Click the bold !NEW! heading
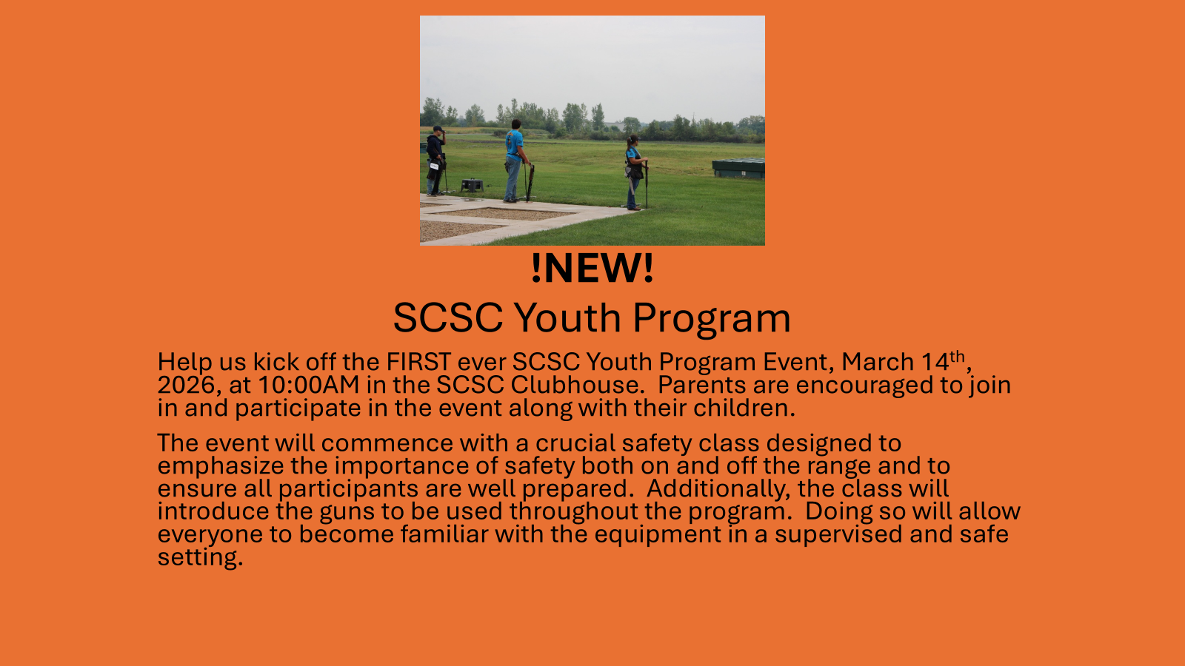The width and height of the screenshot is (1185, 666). point(592,268)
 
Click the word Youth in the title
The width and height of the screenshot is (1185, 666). point(567,317)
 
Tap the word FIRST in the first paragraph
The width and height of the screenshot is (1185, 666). point(418,362)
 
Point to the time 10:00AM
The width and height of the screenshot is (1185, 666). point(309,385)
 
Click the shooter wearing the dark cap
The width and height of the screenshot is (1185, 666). point(436,161)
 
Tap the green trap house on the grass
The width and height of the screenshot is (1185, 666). point(738,168)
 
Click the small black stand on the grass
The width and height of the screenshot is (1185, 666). point(472,185)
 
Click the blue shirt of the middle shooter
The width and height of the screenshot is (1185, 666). point(514,145)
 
